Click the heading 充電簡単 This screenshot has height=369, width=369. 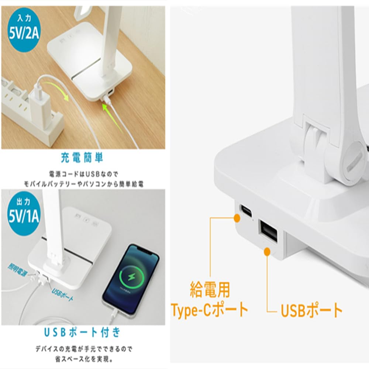[82, 158]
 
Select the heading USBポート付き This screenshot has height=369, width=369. [82, 332]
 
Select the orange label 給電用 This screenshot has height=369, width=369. [209, 290]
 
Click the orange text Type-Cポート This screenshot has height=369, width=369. [209, 310]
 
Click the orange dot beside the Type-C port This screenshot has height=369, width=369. [237, 218]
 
